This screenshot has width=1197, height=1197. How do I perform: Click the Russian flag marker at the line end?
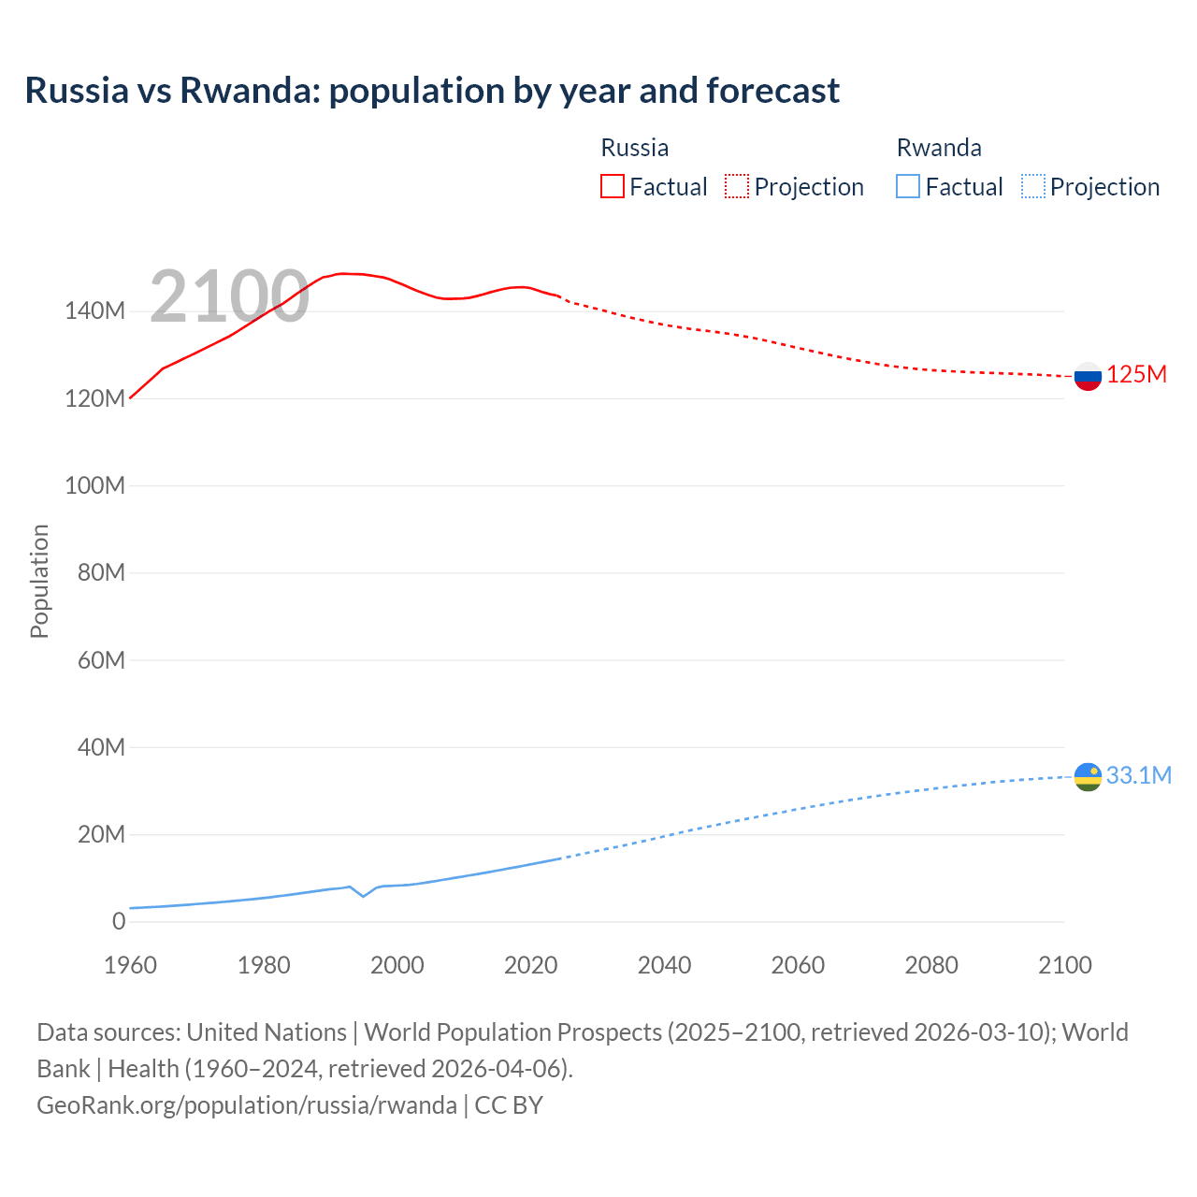click(x=1088, y=377)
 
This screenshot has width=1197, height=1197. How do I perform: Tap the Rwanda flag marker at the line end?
click(x=1088, y=777)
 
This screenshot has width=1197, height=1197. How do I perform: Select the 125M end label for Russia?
click(x=1136, y=375)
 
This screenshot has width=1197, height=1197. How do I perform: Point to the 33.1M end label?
click(x=1138, y=775)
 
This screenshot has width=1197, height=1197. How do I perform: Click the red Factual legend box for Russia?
click(x=612, y=187)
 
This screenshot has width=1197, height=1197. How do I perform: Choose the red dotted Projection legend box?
click(x=737, y=187)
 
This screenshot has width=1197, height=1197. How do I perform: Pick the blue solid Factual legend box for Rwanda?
click(x=908, y=187)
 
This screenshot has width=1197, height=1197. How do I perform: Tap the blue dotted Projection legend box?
click(x=1033, y=187)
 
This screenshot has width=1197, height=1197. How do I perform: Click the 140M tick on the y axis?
click(x=94, y=311)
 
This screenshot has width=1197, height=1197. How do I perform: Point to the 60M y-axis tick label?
click(x=101, y=660)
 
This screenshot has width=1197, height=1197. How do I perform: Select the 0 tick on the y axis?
click(x=119, y=921)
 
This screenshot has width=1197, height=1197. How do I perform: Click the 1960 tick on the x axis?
click(x=130, y=965)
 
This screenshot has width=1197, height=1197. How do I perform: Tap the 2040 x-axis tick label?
click(x=664, y=965)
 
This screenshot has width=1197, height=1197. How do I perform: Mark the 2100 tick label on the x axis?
click(x=1064, y=965)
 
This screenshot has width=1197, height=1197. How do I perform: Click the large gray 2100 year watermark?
click(x=229, y=296)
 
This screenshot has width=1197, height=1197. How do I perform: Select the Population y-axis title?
click(x=39, y=581)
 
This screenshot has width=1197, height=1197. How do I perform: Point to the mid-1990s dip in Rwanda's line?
click(x=364, y=896)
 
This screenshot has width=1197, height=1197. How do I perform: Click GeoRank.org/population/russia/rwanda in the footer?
click(x=247, y=1105)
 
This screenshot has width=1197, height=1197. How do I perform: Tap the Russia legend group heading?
click(x=634, y=148)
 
